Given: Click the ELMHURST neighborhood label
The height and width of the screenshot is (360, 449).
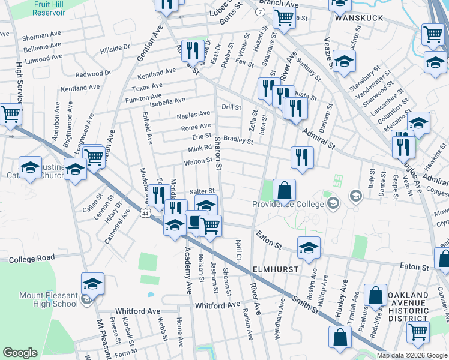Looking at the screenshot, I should coord(275,269).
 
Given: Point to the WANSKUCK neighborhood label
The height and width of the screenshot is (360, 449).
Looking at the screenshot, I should coord(359,18).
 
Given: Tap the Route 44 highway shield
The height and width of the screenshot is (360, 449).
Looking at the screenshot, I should coord(145,212).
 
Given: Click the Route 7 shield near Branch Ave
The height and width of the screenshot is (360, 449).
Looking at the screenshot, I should coord(259,11).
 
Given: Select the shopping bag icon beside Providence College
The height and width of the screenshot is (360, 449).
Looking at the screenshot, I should coord(285,190).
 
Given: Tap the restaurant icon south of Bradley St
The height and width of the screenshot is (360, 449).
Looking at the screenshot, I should coord(301,157).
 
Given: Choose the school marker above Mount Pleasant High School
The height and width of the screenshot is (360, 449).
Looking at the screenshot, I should coord(93,283).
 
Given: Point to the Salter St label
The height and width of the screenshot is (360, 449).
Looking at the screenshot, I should coord(202,191).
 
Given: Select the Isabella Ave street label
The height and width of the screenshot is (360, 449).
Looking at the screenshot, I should coord(167,100).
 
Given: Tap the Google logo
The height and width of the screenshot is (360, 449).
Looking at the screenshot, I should coord(20,353).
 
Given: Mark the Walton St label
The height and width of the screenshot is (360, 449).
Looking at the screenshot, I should coord(198,161).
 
